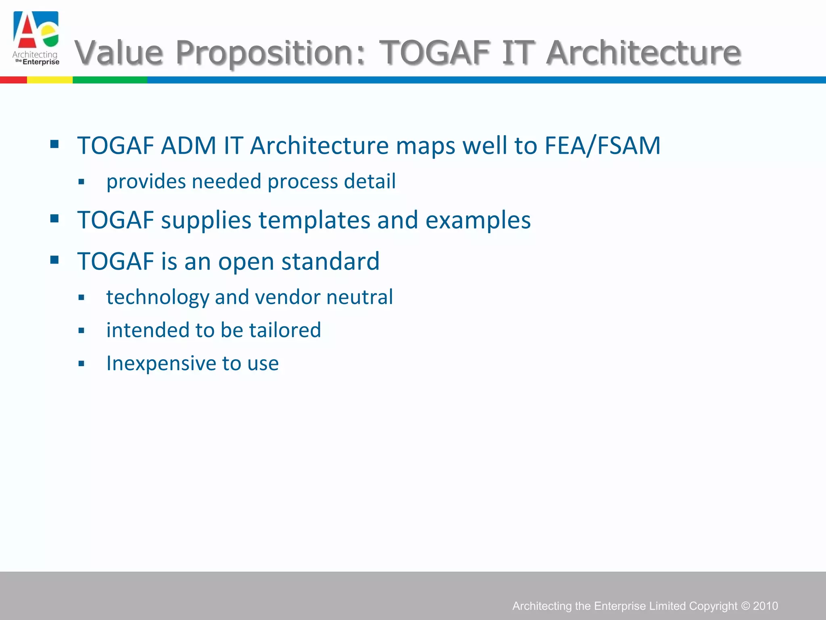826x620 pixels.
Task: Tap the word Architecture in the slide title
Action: pos(644,52)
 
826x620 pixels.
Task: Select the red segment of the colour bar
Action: pos(13,80)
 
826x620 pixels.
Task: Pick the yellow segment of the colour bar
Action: pos(50,80)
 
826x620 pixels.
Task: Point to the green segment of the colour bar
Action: pos(110,80)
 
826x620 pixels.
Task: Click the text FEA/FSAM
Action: pos(602,145)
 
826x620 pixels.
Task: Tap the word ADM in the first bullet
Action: pos(188,145)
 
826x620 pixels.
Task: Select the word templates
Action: pos(314,220)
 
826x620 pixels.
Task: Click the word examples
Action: pos(478,220)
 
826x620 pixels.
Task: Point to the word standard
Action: pos(330,261)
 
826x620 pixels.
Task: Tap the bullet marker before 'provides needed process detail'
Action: pos(81,182)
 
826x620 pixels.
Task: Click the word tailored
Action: pos(285,330)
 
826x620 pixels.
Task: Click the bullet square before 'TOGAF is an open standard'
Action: pos(54,260)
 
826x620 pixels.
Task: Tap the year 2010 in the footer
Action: pos(766,606)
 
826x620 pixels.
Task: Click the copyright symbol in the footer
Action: pos(745,606)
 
